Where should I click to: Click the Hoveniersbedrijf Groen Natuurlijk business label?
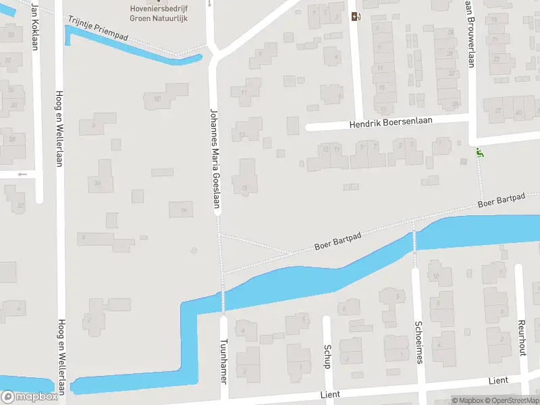point(159,13)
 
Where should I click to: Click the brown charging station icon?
point(356,17)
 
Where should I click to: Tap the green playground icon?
point(479,153)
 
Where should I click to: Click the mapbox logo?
point(30,397)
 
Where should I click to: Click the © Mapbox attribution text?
point(467,401)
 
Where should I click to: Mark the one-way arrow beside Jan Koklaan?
point(23,174)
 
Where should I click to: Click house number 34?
point(98,183)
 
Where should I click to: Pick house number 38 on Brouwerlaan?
point(455,104)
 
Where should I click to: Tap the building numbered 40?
point(518,111)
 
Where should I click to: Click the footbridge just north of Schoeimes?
point(414,240)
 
